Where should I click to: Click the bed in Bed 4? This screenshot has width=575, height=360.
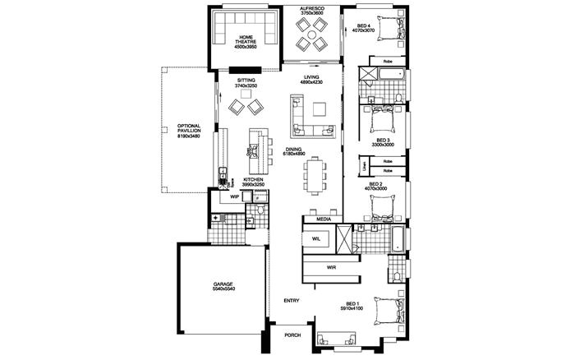point(387,25)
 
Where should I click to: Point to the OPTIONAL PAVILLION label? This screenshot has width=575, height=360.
point(189,131)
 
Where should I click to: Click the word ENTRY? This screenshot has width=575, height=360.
point(292,301)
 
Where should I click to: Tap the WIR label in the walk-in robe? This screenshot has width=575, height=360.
point(332,268)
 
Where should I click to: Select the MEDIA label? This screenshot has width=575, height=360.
point(322,219)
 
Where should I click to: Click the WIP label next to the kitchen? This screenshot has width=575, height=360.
point(234,197)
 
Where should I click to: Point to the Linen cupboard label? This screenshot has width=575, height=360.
point(364,166)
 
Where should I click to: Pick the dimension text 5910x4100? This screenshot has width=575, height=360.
point(354,308)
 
